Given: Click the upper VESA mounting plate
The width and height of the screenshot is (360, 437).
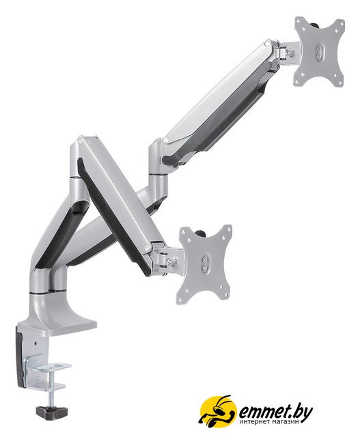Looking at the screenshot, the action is [x=319, y=52].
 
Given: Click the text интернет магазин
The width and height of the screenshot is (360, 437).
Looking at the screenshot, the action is [x=270, y=422].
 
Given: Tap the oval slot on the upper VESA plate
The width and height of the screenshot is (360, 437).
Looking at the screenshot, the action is [x=319, y=52].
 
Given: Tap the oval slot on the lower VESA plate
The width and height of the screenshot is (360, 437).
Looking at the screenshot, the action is [x=205, y=263].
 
